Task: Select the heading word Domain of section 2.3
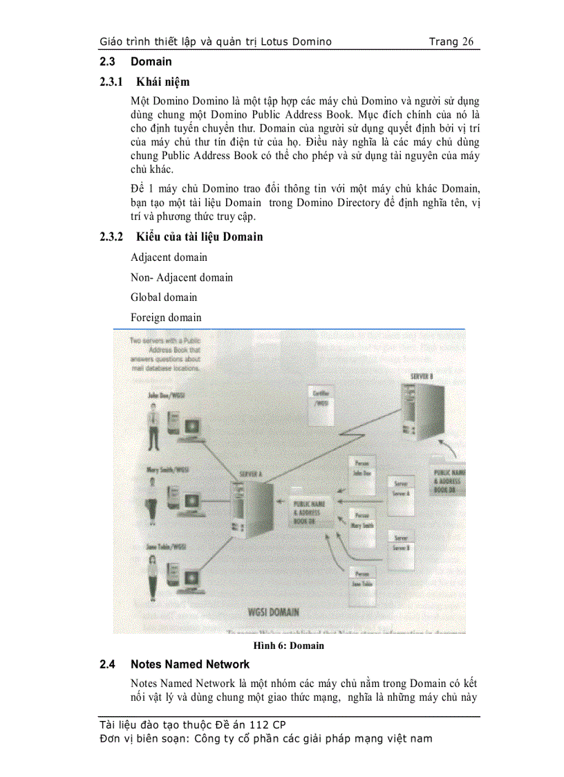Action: [x=151, y=62]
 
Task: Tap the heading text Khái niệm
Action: [x=162, y=82]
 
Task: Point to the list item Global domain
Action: [x=164, y=298]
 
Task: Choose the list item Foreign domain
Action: [x=166, y=318]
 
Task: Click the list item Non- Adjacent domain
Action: [x=182, y=277]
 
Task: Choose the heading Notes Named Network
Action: [x=190, y=665]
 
